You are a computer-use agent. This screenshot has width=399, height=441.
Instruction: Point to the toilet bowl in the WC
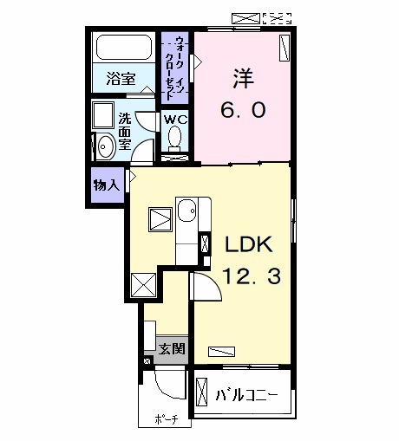coord(175,137)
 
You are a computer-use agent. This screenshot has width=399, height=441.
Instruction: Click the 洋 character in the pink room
coord(240,76)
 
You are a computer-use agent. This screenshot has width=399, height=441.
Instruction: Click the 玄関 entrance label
coord(171,349)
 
